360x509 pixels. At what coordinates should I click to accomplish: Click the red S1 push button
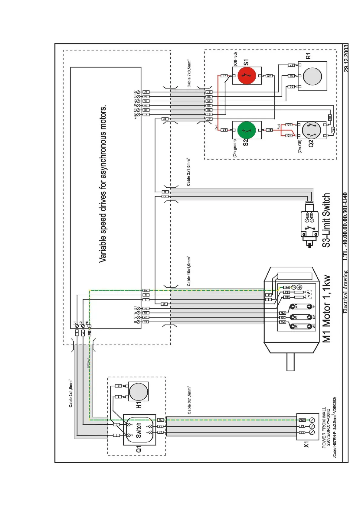(247, 76)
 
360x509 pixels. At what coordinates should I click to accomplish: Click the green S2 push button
(247, 130)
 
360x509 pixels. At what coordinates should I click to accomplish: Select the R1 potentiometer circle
(312, 76)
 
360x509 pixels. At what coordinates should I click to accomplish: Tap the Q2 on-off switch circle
(311, 131)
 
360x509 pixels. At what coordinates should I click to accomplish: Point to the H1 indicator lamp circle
(138, 392)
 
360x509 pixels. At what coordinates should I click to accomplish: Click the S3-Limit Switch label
(326, 220)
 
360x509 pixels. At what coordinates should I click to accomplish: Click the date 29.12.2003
(346, 58)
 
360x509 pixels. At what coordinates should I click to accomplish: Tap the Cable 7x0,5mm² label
(189, 74)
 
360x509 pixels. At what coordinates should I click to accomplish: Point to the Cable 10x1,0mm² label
(189, 271)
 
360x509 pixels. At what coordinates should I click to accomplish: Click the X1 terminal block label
(306, 444)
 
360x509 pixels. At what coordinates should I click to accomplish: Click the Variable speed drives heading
(103, 183)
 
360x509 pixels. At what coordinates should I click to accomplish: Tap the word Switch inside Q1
(139, 430)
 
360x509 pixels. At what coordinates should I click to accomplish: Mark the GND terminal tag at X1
(302, 420)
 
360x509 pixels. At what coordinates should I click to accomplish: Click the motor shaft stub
(290, 362)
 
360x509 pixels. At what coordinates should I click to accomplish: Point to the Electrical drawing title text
(345, 292)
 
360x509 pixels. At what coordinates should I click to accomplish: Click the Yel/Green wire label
(88, 363)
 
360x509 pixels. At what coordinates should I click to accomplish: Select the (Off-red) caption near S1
(235, 59)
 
